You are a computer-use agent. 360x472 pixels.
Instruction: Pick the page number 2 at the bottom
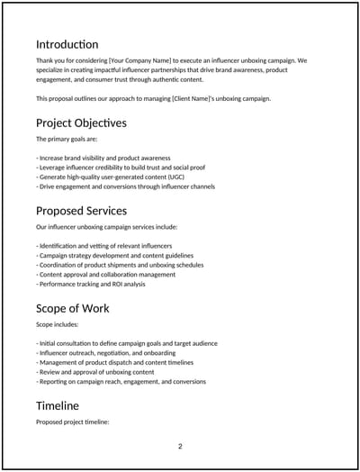point(180,447)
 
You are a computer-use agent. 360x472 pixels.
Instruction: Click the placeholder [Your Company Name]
point(137,60)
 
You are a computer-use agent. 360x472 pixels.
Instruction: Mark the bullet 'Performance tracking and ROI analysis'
point(90,285)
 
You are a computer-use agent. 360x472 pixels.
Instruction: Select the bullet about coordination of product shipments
point(120,265)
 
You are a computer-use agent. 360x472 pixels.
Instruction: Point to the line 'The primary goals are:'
point(65,140)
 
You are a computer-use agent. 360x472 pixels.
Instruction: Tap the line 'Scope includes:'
point(57,324)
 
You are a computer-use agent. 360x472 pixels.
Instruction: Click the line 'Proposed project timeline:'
point(72,422)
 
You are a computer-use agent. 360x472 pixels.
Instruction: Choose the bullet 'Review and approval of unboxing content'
point(95,372)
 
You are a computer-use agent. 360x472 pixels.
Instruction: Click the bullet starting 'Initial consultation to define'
point(126,343)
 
